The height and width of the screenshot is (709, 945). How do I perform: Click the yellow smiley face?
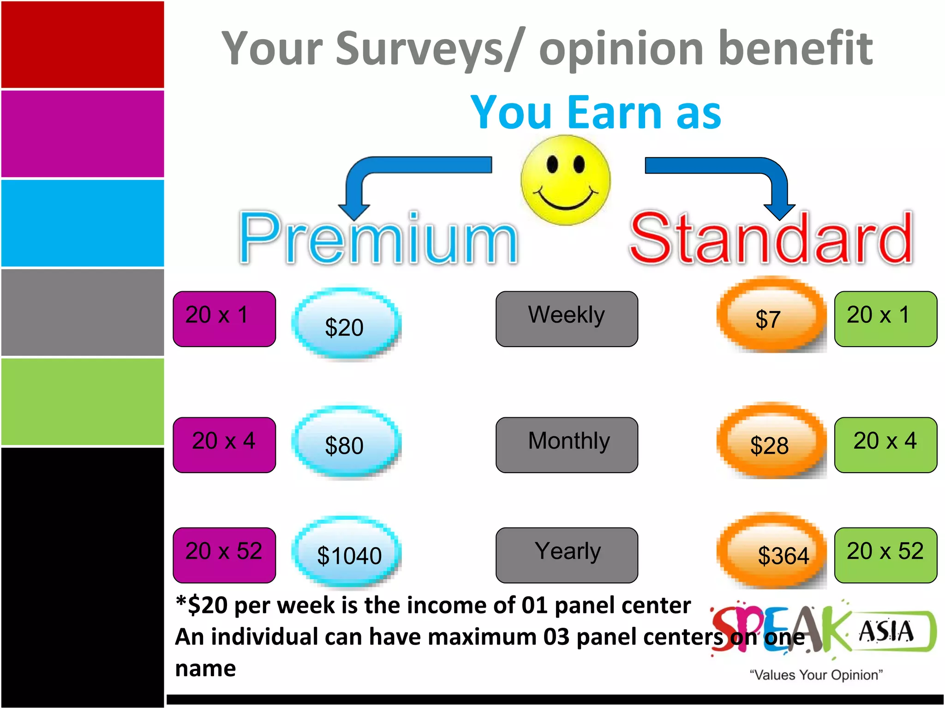click(x=565, y=180)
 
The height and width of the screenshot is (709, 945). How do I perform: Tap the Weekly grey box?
click(x=567, y=318)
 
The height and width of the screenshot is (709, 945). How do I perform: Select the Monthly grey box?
click(x=567, y=445)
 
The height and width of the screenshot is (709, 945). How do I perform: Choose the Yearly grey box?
click(x=567, y=555)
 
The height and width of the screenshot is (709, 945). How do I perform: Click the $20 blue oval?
click(x=346, y=324)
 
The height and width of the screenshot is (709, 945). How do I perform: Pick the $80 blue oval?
click(x=346, y=443)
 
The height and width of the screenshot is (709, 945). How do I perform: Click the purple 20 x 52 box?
click(x=224, y=555)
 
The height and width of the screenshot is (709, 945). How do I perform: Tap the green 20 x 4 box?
click(x=885, y=445)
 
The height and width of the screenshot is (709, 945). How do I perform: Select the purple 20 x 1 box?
click(x=224, y=318)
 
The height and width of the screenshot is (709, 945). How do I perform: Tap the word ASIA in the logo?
click(x=886, y=631)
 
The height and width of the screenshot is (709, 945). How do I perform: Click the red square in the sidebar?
click(x=82, y=44)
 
